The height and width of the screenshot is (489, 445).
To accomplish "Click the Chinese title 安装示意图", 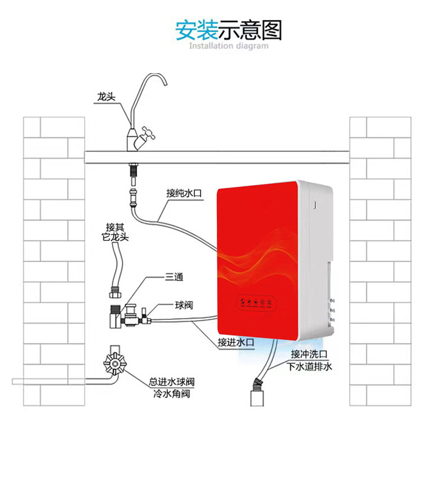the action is coord(228,30).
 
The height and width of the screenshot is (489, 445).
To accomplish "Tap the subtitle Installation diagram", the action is coord(228,46).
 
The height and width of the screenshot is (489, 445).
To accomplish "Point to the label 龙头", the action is coord(105,97).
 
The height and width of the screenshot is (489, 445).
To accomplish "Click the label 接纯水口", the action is coord(184,193).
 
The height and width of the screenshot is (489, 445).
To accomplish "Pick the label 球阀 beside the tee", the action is coord(184,306).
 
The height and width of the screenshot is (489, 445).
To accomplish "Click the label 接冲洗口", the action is coord(309,354).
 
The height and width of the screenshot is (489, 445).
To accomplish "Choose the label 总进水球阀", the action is coord(172,382).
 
